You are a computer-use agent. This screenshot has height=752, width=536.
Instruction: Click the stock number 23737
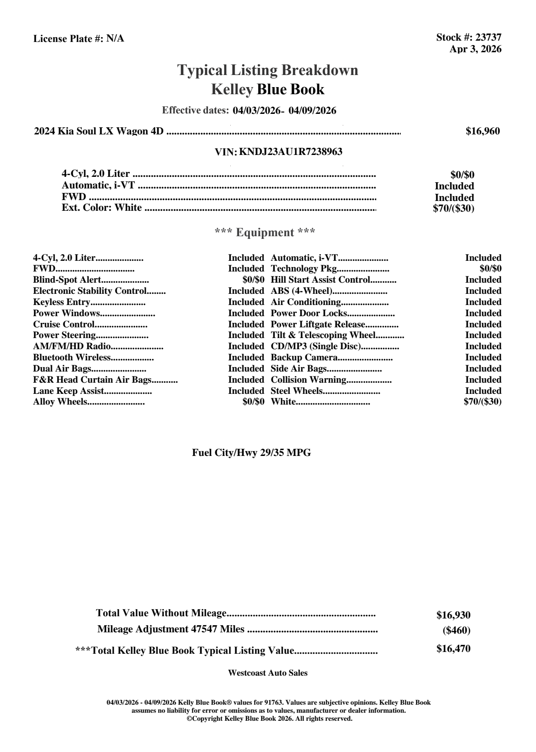pyautogui.click(x=488, y=38)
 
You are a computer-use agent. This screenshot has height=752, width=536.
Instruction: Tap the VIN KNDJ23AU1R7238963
pyautogui.click(x=291, y=152)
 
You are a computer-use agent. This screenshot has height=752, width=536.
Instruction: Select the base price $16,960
pyautogui.click(x=482, y=131)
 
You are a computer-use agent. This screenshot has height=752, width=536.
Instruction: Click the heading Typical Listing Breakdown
pyautogui.click(x=268, y=70)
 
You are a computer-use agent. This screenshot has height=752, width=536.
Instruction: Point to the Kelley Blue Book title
pyautogui.click(x=268, y=89)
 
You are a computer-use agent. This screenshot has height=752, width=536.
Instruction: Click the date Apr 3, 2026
pyautogui.click(x=475, y=49)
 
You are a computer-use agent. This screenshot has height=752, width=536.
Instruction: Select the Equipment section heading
pyautogui.click(x=265, y=233)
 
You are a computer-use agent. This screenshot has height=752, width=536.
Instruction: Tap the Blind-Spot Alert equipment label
pyautogui.click(x=67, y=280)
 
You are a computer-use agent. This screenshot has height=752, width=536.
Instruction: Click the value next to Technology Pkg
pyautogui.click(x=490, y=269)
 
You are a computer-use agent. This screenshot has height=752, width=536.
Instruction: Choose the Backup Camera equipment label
pyautogui.click(x=304, y=358)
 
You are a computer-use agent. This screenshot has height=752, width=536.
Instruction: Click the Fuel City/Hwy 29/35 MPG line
pyautogui.click(x=251, y=453)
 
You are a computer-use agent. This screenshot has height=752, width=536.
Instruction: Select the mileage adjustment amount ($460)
pyautogui.click(x=456, y=631)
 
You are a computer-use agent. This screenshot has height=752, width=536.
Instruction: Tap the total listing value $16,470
pyautogui.click(x=453, y=649)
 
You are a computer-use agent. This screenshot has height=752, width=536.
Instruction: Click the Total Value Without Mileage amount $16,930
pyautogui.click(x=453, y=615)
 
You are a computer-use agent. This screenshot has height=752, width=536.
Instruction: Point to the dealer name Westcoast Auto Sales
pyautogui.click(x=267, y=673)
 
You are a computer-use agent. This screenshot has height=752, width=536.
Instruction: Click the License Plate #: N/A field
pyautogui.click(x=79, y=39)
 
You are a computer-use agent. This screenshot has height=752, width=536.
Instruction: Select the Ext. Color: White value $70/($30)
pyautogui.click(x=453, y=209)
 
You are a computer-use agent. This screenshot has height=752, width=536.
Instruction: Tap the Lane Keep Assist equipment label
pyautogui.click(x=68, y=391)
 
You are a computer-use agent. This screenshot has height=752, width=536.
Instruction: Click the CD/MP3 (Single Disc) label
pyautogui.click(x=316, y=347)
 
